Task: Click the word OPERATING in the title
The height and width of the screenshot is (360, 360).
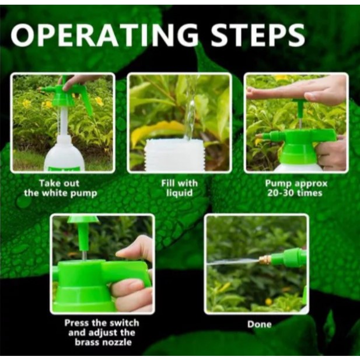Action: pos(104,35)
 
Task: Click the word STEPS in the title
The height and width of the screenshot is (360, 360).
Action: pos(258,35)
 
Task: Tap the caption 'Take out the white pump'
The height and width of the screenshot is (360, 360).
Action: pos(60,188)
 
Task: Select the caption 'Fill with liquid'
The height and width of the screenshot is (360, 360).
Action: pos(179,188)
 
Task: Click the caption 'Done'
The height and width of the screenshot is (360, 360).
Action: pos(260,324)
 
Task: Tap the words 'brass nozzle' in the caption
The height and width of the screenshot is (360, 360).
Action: pos(103,342)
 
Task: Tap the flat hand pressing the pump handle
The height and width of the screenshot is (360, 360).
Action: pos(296,90)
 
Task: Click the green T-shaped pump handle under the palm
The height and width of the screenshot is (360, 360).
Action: pos(300,110)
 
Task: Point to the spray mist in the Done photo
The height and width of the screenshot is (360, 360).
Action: pos(233,262)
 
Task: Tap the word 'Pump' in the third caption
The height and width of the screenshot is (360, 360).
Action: pos(278,184)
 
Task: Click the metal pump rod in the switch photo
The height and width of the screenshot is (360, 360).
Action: pos(84,255)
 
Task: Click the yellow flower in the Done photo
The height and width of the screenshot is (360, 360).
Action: pos(268,301)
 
